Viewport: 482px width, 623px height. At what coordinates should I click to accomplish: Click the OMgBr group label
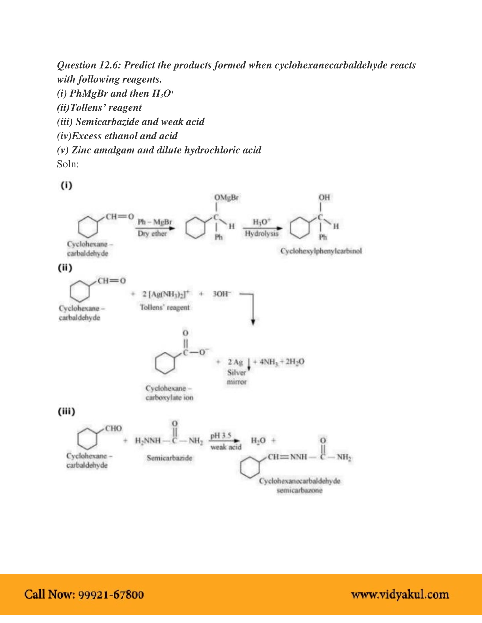point(226,197)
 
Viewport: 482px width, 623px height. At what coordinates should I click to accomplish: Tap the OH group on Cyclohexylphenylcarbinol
point(324,197)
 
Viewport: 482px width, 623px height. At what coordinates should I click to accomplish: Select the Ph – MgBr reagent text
point(155,222)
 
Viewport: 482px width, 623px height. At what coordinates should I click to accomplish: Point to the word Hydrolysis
point(261,233)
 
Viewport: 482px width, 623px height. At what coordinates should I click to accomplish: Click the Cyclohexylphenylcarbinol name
point(321,251)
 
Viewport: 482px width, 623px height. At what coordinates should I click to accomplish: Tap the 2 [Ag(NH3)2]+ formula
point(166,294)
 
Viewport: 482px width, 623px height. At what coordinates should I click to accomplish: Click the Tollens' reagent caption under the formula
point(164,307)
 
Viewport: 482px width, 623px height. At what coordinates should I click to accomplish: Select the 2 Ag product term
point(235,362)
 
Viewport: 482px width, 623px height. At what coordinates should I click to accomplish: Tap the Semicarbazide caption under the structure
point(169,458)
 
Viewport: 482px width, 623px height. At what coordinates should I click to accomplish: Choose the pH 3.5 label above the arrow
point(220,436)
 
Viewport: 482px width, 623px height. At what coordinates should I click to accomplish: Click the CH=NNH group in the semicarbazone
point(287,457)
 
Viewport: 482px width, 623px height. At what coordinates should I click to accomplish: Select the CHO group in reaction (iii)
point(113,428)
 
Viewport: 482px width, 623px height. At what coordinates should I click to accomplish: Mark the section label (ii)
point(65,268)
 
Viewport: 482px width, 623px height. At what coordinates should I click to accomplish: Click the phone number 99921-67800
point(111,594)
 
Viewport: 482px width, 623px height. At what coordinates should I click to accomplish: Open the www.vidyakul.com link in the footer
point(400,594)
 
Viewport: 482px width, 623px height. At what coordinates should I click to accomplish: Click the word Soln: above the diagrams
point(68,164)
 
